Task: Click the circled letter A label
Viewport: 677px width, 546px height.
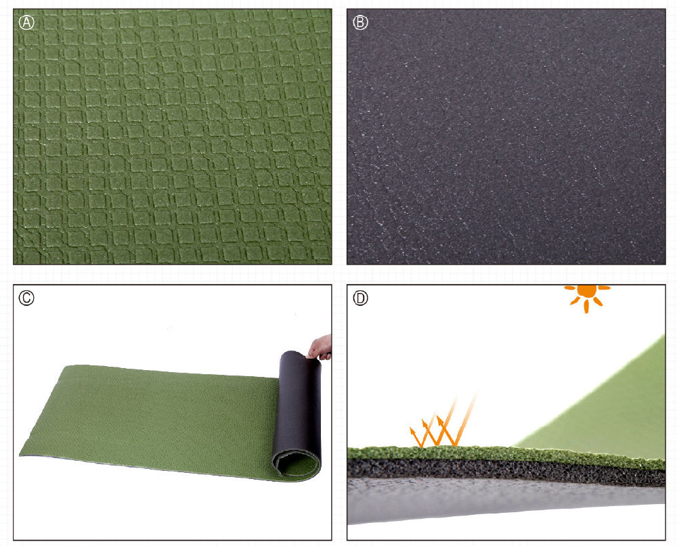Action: [27, 22]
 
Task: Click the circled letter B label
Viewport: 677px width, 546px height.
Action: [361, 22]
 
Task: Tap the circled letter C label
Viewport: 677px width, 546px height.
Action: [26, 298]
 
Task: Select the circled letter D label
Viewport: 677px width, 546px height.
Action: [361, 298]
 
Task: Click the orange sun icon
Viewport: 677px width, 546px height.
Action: [587, 296]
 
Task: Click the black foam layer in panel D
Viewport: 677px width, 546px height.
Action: [505, 470]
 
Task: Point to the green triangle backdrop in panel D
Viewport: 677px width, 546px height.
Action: [613, 410]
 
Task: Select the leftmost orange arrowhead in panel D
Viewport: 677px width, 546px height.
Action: [412, 430]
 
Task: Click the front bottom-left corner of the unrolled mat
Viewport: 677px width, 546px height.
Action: [21, 455]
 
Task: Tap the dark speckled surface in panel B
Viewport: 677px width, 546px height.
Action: [506, 137]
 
